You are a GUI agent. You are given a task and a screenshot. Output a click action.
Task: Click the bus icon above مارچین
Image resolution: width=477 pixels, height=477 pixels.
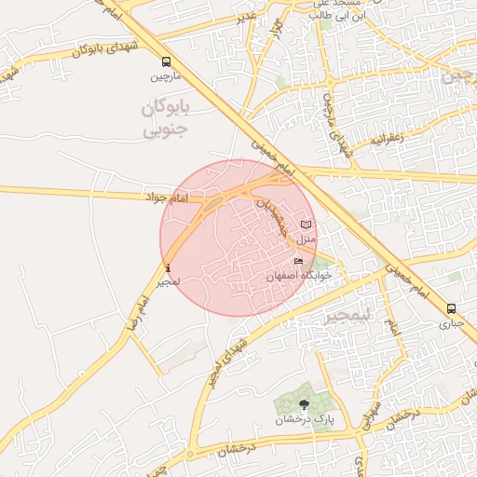pos(166,61)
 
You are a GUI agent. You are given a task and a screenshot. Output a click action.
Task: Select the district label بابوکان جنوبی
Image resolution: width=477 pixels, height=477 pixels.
pos(166,118)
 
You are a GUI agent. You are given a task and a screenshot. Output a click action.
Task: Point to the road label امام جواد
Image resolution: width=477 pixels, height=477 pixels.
pos(168,198)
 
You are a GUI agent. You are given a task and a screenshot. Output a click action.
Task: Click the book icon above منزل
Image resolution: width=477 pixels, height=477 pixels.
pos(307,225)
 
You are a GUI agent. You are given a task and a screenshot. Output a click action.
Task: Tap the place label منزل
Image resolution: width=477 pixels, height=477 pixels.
pos(307,239)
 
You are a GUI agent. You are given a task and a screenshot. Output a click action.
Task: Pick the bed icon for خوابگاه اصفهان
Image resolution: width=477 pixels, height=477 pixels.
pos(298,262)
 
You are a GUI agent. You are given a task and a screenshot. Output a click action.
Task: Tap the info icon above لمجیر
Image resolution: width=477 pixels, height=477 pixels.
pos(168,268)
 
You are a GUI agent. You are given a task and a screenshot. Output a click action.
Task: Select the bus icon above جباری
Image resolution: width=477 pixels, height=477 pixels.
pos(452,309)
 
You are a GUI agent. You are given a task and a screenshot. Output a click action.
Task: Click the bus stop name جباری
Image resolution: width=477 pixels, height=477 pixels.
pos(452,323)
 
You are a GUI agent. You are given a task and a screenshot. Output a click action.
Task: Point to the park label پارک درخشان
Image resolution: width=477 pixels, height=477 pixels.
pos(304,419)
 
